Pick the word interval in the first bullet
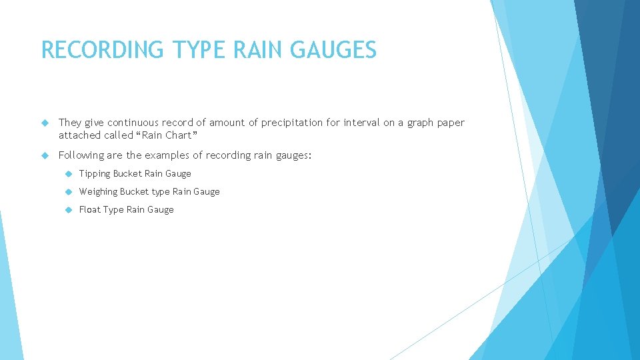(x=361, y=123)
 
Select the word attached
(x=79, y=135)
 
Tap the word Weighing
(x=98, y=192)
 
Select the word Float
(x=89, y=209)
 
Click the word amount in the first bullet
(x=227, y=123)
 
